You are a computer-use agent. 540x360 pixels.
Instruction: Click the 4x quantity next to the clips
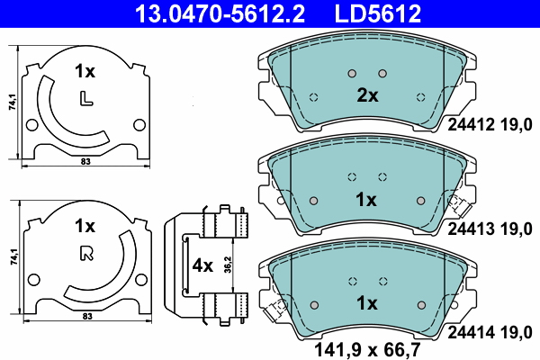[203, 266]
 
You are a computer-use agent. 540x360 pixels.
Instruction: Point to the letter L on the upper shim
[85, 98]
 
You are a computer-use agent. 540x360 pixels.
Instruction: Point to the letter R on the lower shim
[85, 253]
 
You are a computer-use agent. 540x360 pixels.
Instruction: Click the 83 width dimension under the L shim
[85, 162]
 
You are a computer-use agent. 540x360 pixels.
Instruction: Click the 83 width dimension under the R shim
[85, 317]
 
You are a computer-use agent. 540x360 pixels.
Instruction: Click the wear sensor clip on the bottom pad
[272, 312]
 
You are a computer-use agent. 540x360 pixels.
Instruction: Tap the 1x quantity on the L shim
[85, 70]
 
